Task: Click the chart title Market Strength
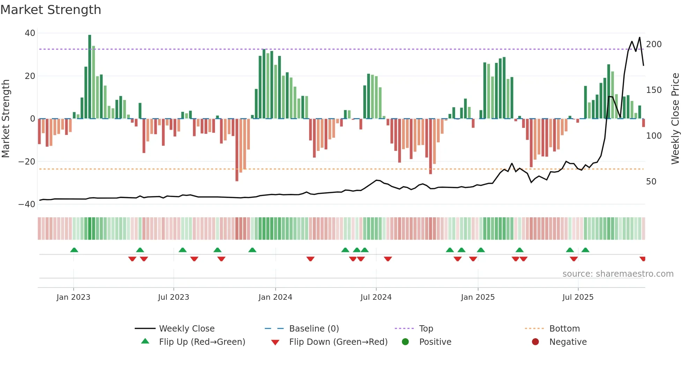[x=51, y=10]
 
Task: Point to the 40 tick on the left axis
[x=30, y=33]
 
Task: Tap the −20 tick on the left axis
[x=27, y=162]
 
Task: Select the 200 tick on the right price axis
[x=654, y=44]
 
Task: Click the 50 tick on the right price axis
[x=651, y=182]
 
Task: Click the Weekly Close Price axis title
[x=675, y=119]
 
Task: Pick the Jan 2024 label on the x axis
[x=275, y=297]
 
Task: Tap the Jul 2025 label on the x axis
[x=578, y=297]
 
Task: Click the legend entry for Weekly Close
[x=187, y=329]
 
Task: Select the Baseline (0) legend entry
[x=314, y=329]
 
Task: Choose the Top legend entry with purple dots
[x=426, y=329]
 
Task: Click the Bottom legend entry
[x=564, y=329]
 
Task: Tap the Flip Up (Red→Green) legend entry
[x=202, y=342]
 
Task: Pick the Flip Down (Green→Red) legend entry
[x=338, y=342]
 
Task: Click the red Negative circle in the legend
[x=535, y=342]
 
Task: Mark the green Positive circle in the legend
[x=405, y=342]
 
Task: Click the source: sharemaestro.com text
[x=618, y=274]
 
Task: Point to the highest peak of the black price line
[x=639, y=38]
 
